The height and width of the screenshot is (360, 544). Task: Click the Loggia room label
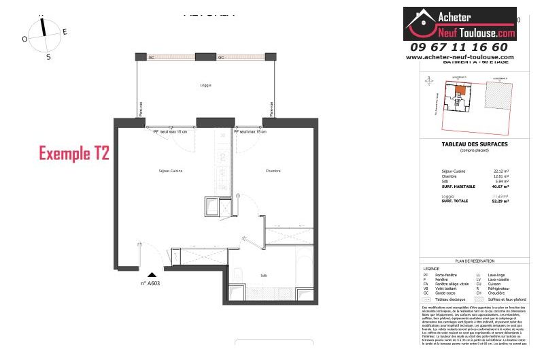[205, 85]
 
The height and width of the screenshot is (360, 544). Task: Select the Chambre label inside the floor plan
[273, 171]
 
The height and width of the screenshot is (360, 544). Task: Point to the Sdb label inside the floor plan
[263, 276]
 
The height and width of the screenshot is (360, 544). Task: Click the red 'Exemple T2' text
[74, 153]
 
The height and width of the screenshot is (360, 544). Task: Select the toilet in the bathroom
[238, 275]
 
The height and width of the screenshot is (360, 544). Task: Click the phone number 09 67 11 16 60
[459, 47]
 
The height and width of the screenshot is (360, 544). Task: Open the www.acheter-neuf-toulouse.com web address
[460, 57]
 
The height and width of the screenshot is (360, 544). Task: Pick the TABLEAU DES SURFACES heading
[472, 144]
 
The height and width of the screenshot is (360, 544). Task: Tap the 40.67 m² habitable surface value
[501, 186]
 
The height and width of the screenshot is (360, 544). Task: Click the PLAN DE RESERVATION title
[474, 261]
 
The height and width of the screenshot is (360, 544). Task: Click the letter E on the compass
[65, 31]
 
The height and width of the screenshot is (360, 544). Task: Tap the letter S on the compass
[48, 57]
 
